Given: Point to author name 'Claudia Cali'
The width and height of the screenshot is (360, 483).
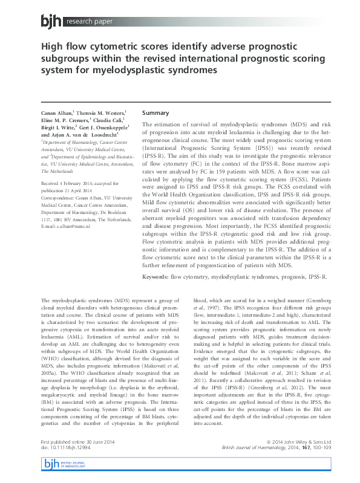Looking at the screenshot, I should [x=110, y=120].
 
